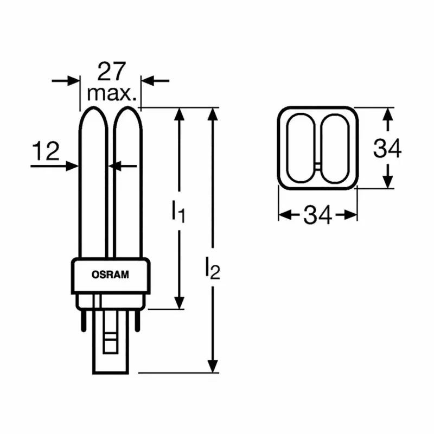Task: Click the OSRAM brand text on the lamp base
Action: (x=110, y=275)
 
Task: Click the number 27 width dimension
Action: (x=111, y=71)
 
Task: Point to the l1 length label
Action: (x=178, y=211)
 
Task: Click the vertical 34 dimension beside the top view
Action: (x=387, y=148)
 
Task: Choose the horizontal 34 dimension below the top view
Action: (x=317, y=215)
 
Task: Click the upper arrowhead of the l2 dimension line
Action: (x=213, y=115)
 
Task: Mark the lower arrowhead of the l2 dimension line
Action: (x=213, y=366)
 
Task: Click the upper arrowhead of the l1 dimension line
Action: (x=179, y=115)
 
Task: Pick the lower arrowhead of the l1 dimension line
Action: (x=179, y=302)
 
